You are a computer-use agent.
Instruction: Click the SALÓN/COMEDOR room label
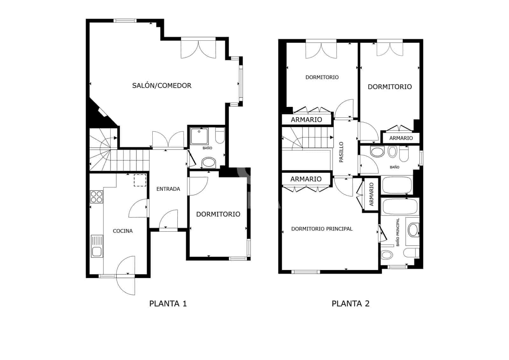click(162, 86)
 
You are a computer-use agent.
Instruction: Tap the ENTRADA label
click(168, 189)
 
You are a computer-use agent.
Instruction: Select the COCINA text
click(123, 231)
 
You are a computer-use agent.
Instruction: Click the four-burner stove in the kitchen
click(96, 196)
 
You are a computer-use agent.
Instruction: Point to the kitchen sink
click(97, 246)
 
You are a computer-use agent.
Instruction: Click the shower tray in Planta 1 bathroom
click(199, 136)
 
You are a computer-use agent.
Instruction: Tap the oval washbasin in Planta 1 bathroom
click(209, 162)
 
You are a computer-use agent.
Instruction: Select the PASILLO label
click(341, 152)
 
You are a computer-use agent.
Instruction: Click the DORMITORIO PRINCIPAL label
click(322, 229)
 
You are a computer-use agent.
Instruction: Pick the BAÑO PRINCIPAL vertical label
click(398, 232)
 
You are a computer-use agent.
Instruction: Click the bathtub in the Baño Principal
click(400, 207)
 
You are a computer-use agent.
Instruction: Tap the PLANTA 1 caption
click(168, 304)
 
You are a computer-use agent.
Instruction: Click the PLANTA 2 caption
click(351, 304)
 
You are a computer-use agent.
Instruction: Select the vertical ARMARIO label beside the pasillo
click(371, 194)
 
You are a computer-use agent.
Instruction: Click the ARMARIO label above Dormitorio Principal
click(306, 179)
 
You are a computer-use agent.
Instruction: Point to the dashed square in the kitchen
click(140, 180)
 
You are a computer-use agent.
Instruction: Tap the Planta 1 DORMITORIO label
click(218, 214)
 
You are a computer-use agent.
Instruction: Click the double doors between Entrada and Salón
click(168, 140)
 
